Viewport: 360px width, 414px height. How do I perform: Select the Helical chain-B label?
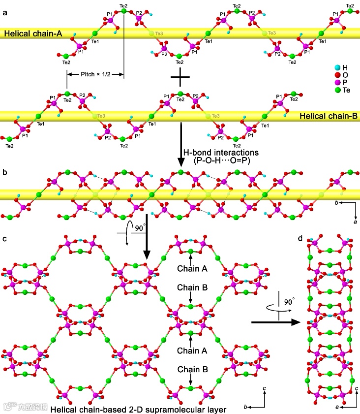pyautogui.click(x=328, y=116)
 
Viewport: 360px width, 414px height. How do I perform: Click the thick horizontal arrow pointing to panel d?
pyautogui.click(x=275, y=322)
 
